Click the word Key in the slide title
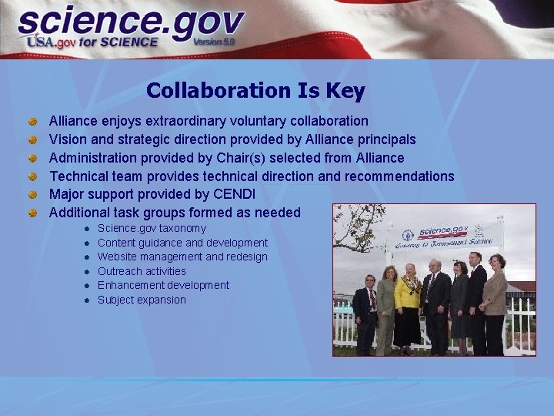345,91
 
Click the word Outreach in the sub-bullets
120,271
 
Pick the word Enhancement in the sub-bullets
131,285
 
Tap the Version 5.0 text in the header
214,42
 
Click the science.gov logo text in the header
131,23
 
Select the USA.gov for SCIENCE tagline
92,42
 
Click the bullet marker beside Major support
33,194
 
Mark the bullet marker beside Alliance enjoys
33,121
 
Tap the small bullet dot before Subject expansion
89,300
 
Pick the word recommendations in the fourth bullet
399,176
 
